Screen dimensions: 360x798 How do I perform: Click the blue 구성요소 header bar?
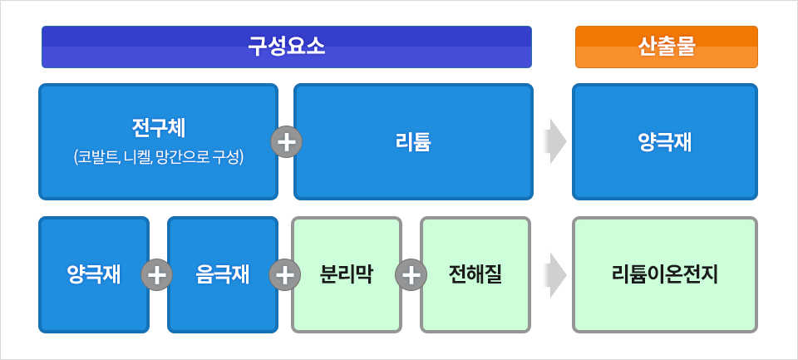tap(287, 47)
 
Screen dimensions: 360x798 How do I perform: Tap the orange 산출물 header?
tap(666, 47)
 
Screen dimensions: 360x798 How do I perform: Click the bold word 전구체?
tap(158, 128)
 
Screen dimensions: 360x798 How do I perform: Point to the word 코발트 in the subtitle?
tap(96, 156)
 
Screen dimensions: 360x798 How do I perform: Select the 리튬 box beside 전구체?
tap(413, 141)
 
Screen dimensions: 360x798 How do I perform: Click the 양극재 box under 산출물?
tap(665, 141)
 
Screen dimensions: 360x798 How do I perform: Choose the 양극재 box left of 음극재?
tap(94, 274)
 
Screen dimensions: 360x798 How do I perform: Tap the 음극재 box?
tap(222, 274)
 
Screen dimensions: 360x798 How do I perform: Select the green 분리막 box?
tap(346, 274)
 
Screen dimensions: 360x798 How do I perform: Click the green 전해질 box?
tap(475, 274)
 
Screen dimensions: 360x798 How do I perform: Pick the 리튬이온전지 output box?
tap(665, 274)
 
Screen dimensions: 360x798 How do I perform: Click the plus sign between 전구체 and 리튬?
tap(287, 141)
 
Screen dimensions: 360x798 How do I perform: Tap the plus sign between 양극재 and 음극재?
tap(157, 274)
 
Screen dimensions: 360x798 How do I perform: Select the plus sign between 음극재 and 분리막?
tap(285, 274)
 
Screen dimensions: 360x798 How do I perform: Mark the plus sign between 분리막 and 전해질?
tap(411, 274)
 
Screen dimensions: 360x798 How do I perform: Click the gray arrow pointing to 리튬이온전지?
tap(555, 274)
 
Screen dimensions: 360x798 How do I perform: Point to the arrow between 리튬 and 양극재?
tap(555, 141)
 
